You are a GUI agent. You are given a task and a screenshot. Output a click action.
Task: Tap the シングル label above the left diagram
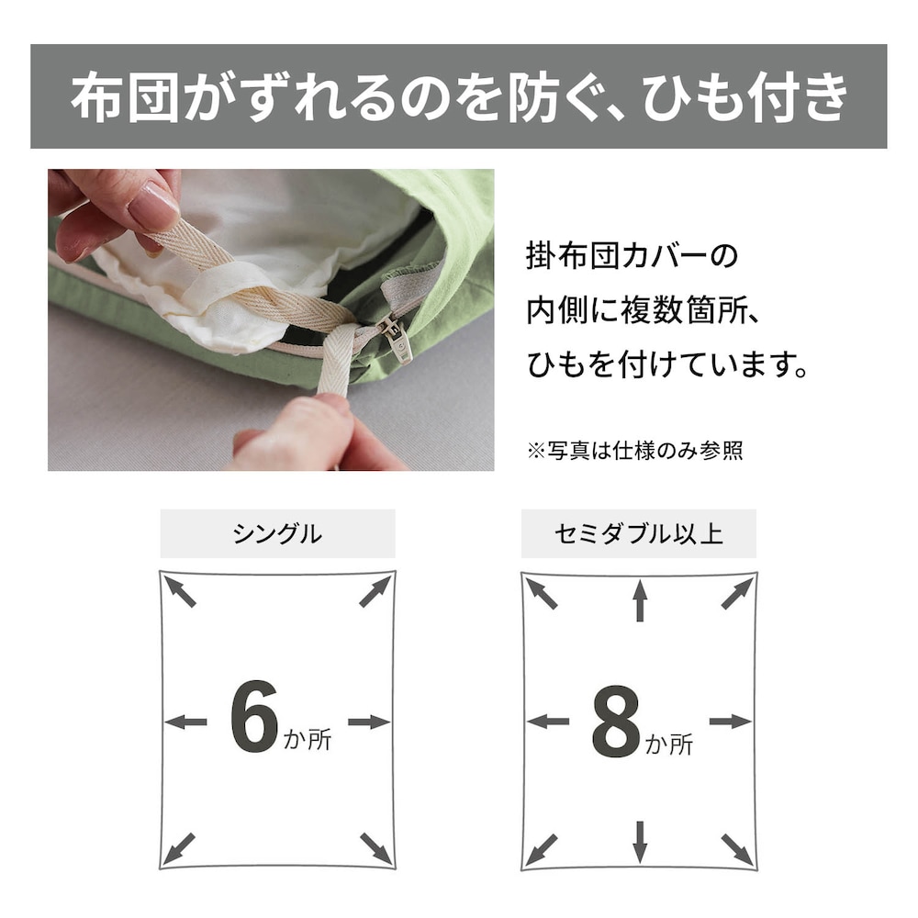(277, 534)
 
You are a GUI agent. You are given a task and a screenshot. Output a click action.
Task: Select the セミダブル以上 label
(639, 534)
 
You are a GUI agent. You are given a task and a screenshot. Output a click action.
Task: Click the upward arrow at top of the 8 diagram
(640, 600)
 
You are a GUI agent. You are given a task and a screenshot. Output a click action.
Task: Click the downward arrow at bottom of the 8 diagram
(640, 842)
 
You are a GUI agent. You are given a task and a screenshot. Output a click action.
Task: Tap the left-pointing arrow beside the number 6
(185, 722)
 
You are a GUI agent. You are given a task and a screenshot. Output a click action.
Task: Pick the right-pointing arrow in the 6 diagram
(369, 722)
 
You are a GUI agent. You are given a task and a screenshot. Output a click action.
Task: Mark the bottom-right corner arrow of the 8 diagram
(738, 850)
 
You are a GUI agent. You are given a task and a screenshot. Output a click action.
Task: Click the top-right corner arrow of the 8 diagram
(737, 594)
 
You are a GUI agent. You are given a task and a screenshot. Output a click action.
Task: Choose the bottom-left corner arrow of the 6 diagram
(179, 848)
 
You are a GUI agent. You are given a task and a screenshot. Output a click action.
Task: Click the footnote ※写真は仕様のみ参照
(635, 451)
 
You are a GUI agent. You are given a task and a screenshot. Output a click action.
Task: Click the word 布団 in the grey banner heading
(124, 96)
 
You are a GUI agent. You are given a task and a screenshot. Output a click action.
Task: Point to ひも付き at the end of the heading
(745, 96)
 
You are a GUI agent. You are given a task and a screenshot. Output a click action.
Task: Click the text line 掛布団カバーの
(633, 256)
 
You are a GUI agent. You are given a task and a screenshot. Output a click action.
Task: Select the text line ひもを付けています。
(667, 364)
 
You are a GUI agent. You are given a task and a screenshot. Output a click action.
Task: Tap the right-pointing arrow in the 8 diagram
(731, 722)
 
